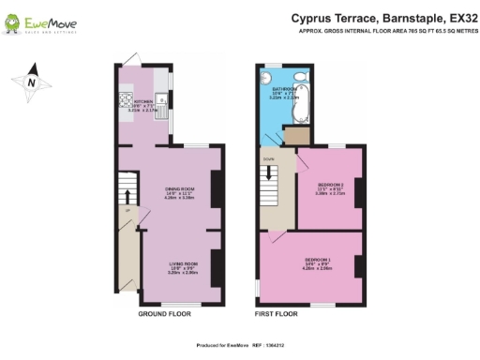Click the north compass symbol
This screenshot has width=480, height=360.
pos(30,82)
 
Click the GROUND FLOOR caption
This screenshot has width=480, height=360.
pos(164,314)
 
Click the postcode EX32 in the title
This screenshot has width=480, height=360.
pos(456,17)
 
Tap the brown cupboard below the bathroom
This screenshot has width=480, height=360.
pos(294,138)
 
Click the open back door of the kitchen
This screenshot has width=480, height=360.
pos(130,59)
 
